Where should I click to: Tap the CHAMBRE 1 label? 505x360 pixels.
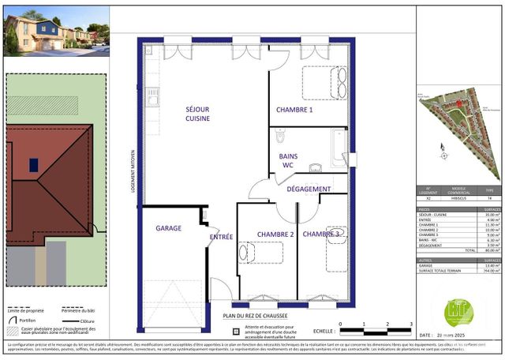294,110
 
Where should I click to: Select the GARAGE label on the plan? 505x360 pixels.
168,228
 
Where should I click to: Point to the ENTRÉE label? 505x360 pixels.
220,237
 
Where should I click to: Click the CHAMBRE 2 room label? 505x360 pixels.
275,234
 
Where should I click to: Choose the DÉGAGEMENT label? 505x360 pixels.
309,189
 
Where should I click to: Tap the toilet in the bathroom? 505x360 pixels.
280,138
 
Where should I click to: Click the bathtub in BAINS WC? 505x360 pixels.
339,147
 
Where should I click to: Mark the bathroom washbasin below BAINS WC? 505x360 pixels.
315,167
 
